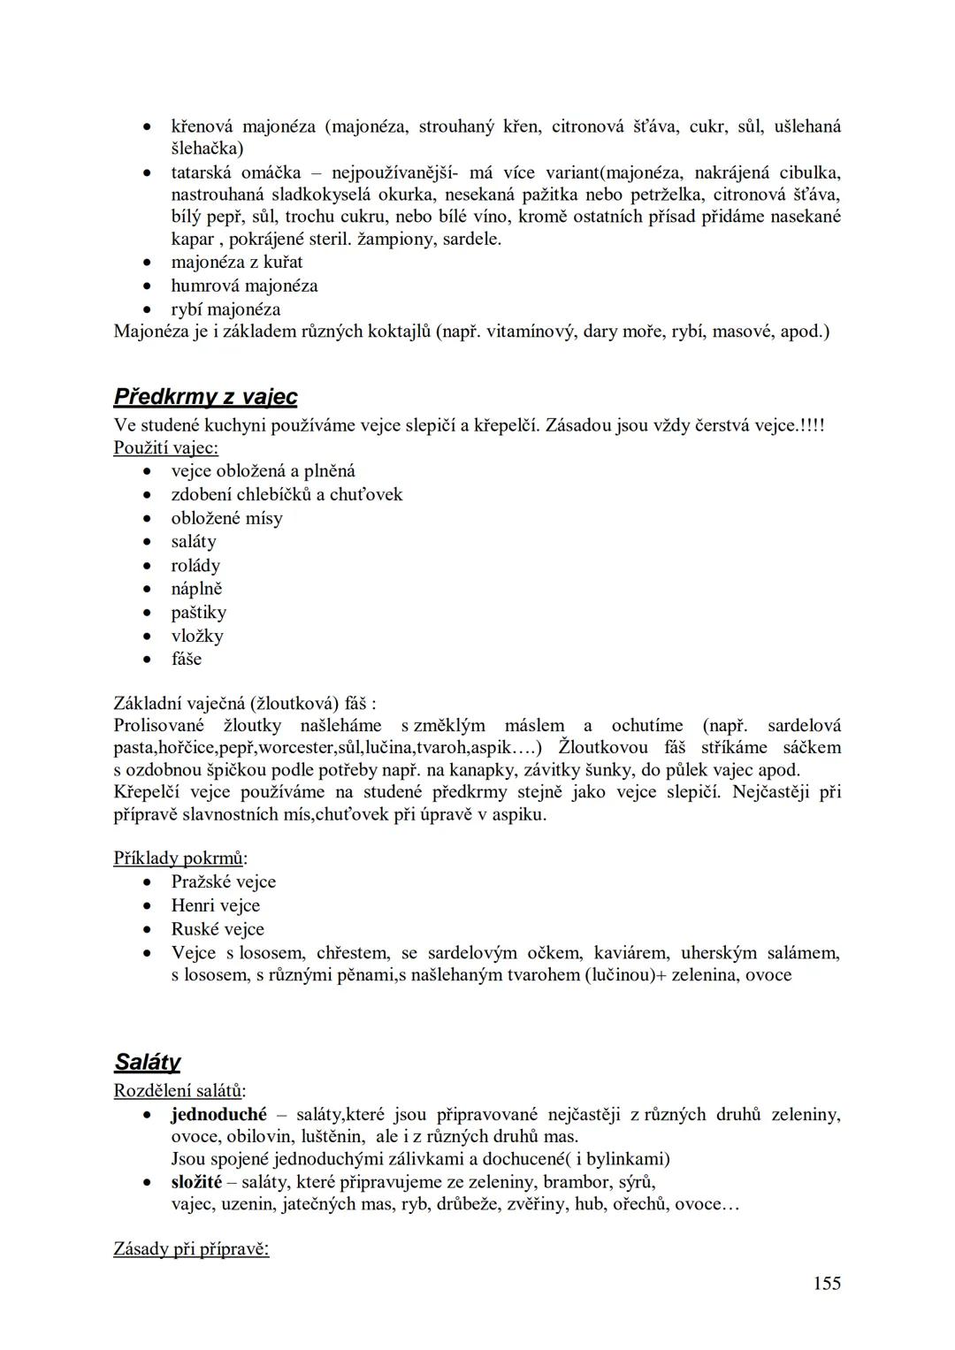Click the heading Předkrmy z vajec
(205, 397)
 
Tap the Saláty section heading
(147, 1062)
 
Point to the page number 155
(827, 1283)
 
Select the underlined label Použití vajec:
(165, 447)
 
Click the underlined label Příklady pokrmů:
(180, 858)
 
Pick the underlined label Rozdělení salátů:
(180, 1091)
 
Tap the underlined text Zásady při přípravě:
(191, 1248)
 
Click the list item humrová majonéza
(244, 286)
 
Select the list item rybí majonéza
(225, 309)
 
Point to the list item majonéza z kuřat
(236, 262)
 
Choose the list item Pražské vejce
(224, 881)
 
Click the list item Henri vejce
(216, 905)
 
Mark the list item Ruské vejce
(218, 929)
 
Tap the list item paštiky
(199, 612)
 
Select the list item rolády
(195, 565)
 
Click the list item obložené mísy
(226, 518)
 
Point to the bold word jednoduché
(218, 1114)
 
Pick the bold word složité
(196, 1182)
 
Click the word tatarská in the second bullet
(202, 172)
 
